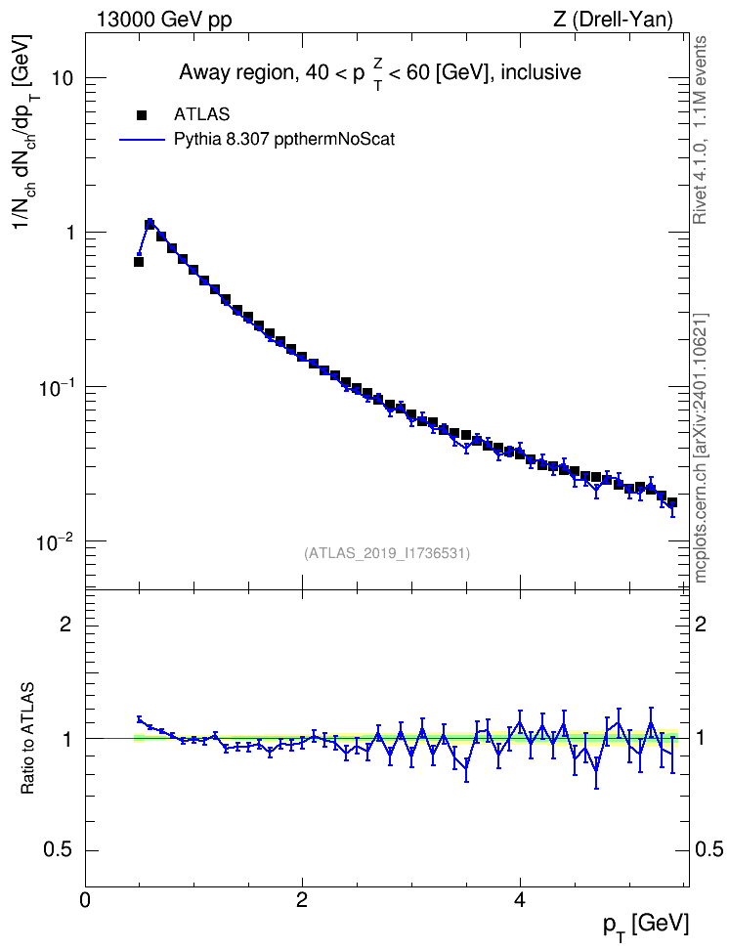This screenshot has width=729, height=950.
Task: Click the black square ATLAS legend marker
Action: (x=142, y=114)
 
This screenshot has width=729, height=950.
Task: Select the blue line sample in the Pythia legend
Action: (x=142, y=140)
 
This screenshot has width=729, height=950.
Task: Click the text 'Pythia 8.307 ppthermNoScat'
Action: (x=284, y=140)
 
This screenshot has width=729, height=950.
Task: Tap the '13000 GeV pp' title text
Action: (x=163, y=20)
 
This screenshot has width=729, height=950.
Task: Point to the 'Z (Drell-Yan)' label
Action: (x=613, y=20)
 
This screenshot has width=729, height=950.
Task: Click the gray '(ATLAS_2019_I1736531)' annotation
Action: (x=387, y=553)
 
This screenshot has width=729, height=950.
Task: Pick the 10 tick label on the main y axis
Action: (x=61, y=78)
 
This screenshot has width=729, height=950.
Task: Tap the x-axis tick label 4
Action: (x=519, y=900)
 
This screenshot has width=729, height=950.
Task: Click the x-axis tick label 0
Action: (x=85, y=900)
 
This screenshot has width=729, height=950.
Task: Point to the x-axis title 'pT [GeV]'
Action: (x=646, y=927)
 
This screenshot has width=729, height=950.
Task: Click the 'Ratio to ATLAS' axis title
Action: (x=27, y=738)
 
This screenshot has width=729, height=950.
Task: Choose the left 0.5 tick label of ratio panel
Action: (x=58, y=850)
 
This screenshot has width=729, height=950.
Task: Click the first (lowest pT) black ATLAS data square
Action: (x=139, y=262)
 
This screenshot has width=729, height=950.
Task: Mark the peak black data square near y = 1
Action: (x=150, y=224)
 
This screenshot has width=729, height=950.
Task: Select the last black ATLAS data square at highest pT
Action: (x=672, y=503)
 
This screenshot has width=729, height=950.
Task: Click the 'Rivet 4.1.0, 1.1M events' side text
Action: (x=701, y=130)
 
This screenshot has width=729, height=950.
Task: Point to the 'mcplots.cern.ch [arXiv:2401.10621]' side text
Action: (x=701, y=449)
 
